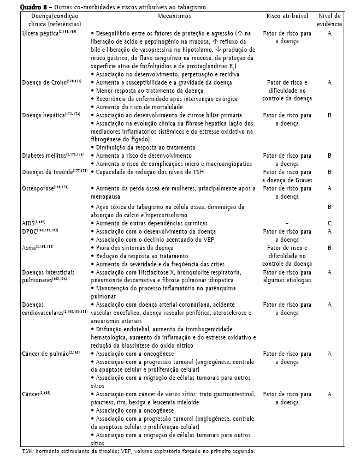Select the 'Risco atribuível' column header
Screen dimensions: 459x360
(x=287, y=17)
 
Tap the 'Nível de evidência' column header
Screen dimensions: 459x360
(x=330, y=21)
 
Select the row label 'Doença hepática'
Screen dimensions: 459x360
(x=41, y=116)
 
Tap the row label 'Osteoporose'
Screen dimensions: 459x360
(x=36, y=188)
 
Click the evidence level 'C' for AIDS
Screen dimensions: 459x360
(x=330, y=224)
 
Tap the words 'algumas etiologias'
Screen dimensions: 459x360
(x=287, y=279)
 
